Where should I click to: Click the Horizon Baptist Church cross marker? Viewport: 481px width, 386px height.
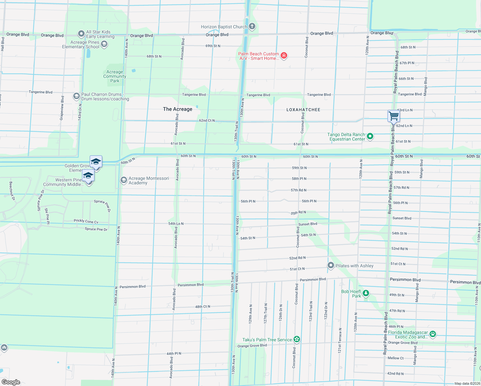pos(252,26)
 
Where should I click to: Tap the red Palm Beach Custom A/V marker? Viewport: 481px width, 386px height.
pos(284,56)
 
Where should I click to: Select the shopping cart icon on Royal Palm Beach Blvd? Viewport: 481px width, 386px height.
pos(394,116)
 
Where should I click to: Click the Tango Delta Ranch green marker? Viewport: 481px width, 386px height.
pos(370,136)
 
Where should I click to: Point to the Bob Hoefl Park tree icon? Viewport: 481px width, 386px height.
pos(366,293)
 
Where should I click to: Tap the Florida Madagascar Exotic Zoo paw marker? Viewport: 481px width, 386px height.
pos(433,334)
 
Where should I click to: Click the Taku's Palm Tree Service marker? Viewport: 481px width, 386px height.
pos(297,339)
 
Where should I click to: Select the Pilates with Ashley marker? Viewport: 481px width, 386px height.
pos(331,265)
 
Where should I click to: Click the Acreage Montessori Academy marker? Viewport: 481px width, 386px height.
pos(123,180)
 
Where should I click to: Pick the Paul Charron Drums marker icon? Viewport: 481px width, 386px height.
pos(76,96)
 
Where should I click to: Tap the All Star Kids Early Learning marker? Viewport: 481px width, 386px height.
pos(81,34)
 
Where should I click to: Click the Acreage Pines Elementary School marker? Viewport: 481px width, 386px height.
pos(104,44)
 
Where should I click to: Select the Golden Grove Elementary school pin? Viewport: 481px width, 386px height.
pos(96,162)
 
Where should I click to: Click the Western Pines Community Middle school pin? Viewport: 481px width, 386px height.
pos(88,176)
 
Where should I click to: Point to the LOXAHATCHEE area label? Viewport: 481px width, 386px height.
pos(303,110)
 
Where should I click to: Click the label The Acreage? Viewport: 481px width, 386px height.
pos(177,109)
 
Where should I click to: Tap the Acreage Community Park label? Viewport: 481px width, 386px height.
pos(114,77)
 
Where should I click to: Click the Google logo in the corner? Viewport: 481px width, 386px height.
pos(11,382)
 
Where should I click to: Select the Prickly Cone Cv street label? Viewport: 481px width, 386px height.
pos(86,221)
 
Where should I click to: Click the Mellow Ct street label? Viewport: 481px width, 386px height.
pos(395,358)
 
